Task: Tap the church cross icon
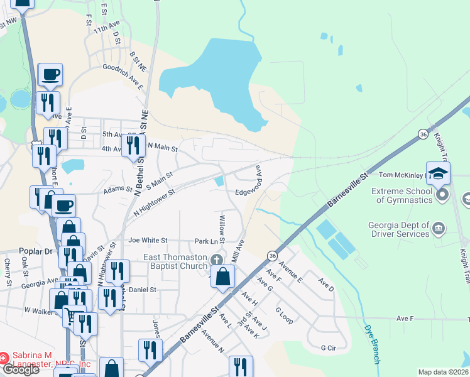coord(217,260)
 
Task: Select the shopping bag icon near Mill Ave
coord(222,276)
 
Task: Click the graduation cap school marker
coord(438,173)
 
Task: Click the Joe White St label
coord(148,241)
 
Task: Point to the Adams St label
coord(118,188)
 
